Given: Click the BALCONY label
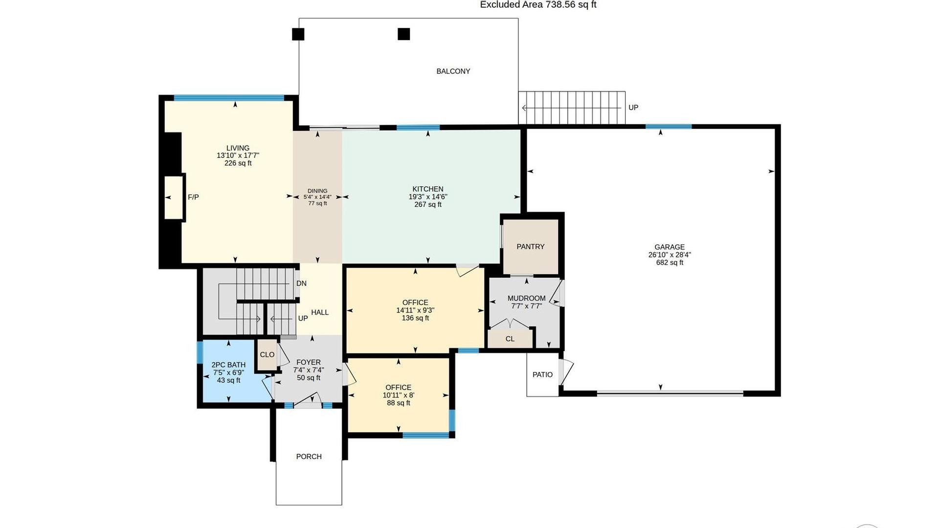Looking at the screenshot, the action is coord(453,71).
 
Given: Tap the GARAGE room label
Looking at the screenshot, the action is coord(670,247).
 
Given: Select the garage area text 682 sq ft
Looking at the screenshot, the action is coord(670,263).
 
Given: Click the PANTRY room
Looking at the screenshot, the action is coord(531,247).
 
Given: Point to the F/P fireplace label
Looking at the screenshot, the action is coord(193,198).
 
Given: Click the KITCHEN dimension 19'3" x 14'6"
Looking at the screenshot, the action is coord(428,197).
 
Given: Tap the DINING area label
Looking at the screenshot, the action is coord(317,191).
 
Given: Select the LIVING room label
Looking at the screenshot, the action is coord(238,148).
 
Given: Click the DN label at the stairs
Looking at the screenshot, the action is coord(301,284).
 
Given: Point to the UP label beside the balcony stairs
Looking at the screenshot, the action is coord(633,108).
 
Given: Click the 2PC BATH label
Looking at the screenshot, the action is coord(228,365).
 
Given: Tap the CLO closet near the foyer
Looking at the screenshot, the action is coord(267,355).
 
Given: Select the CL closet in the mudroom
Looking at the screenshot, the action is coord(510,339).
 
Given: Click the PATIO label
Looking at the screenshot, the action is coord(542,374).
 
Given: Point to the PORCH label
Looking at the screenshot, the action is coord(309,457).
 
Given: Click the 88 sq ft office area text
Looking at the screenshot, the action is coord(398,403).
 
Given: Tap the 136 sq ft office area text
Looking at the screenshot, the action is coord(415,318).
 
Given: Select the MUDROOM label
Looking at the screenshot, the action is coord(526,298).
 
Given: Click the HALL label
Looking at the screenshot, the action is coord(320,312).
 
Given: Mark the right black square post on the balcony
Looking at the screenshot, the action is coord(403,34).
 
